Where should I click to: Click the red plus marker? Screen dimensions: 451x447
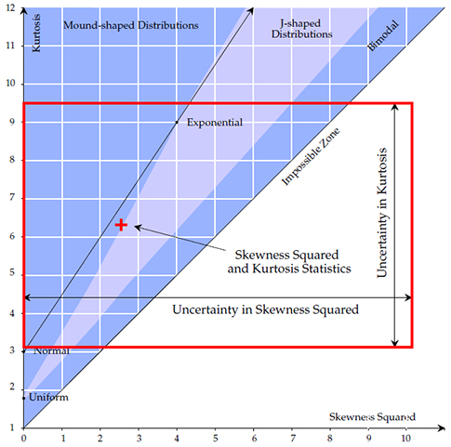[121, 225]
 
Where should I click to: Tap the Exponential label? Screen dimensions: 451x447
[215, 123]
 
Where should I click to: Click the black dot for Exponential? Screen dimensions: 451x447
[177, 123]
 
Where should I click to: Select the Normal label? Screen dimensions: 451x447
[51, 351]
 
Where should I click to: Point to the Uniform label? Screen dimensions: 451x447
[48, 397]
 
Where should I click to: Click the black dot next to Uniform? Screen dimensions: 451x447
[24, 398]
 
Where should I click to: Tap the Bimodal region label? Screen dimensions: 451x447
[382, 35]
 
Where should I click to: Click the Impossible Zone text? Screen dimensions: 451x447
[311, 156]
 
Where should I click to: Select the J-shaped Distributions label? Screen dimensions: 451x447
[302, 29]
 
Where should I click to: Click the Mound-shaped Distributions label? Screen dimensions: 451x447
[131, 25]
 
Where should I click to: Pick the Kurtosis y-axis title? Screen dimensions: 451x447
[36, 33]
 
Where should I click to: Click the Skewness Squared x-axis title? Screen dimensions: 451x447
[372, 417]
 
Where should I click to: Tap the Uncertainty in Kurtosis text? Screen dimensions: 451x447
[382, 213]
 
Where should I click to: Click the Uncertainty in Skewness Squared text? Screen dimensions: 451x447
[266, 309]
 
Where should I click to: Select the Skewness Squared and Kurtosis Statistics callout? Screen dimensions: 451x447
[289, 262]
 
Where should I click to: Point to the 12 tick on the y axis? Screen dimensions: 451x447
[10, 7]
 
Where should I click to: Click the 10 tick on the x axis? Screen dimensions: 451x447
[405, 438]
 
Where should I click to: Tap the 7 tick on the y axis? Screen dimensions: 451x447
[12, 197]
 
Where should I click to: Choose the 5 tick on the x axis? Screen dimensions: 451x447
[215, 438]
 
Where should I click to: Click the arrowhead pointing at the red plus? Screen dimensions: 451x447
[138, 227]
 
